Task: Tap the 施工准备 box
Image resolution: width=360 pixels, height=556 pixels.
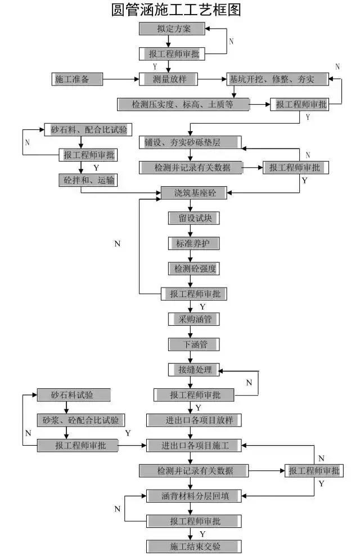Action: pos(77,79)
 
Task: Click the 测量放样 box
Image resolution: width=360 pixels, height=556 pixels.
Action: pos(169,79)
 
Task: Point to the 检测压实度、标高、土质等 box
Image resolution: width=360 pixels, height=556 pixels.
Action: pos(183,104)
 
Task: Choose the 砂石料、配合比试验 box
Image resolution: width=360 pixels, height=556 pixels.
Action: pos(88,130)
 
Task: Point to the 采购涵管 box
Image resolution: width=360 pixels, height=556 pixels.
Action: pos(194,319)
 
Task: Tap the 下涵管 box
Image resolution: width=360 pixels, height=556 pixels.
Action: pos(194,344)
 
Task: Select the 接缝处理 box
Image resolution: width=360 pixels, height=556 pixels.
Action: pos(194,369)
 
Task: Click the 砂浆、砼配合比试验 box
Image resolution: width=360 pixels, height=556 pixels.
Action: pos(81,420)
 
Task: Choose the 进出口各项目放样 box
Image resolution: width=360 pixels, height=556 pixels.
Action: pos(194,420)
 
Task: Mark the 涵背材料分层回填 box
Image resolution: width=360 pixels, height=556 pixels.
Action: pos(194,496)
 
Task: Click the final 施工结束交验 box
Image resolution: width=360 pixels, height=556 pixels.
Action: pos(194,546)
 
